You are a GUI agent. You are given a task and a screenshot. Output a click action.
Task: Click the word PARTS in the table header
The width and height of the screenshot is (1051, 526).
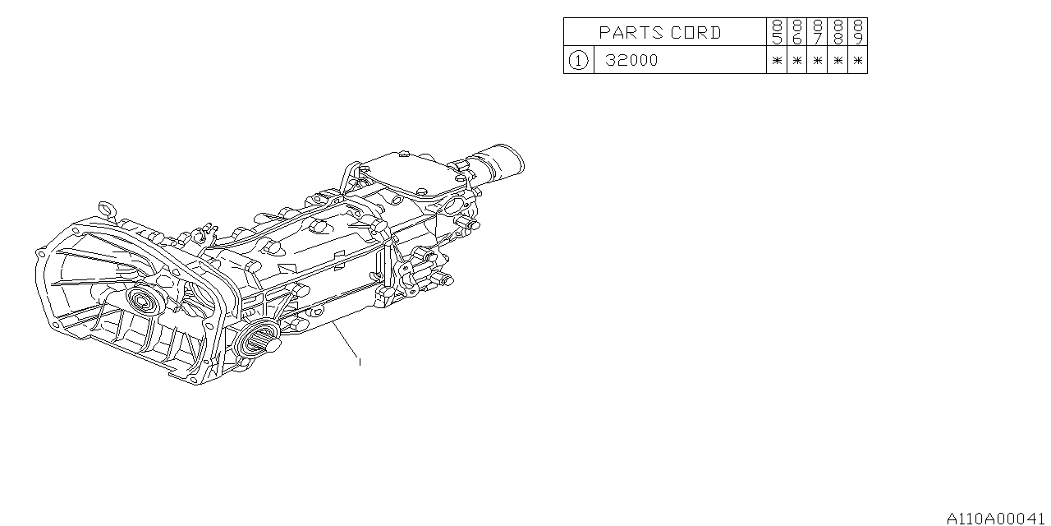coord(631,32)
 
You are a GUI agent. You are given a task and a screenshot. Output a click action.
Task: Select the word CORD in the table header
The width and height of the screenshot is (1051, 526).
coord(695,32)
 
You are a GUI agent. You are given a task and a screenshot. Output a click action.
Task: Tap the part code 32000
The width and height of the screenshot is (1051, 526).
coord(631,60)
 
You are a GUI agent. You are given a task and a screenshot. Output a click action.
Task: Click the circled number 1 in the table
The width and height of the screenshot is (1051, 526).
coord(578,60)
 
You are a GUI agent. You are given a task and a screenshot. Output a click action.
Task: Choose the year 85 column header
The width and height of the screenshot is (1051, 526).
coord(777,32)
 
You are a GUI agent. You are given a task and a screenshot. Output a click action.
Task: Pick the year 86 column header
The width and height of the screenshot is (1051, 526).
coord(797,32)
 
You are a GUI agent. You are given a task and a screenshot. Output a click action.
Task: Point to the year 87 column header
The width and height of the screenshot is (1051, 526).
coord(817,32)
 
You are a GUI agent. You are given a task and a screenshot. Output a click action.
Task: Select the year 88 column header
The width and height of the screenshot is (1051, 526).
coord(838,32)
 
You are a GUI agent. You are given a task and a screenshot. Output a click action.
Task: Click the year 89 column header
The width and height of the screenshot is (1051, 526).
coord(858,32)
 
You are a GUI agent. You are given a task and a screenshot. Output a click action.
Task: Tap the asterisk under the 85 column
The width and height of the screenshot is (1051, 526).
coord(777,61)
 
